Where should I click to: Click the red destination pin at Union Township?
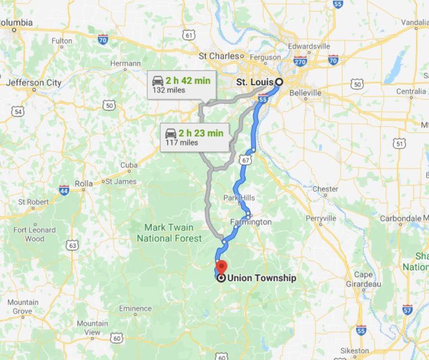click(x=221, y=266)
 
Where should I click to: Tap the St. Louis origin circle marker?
click(x=279, y=82)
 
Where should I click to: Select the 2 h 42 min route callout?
click(x=181, y=85)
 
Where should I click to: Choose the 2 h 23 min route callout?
click(x=194, y=137)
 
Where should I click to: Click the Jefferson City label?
click(x=34, y=83)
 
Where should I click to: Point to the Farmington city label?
click(x=251, y=222)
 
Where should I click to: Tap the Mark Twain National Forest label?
click(x=169, y=233)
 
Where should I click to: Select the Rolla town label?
click(x=84, y=183)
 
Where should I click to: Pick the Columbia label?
click(x=17, y=23)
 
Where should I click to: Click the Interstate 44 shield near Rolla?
click(x=64, y=190)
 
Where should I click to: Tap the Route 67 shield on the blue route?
click(x=246, y=160)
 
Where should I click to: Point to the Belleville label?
click(x=305, y=93)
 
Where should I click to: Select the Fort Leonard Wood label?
click(x=35, y=234)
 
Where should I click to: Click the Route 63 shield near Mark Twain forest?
click(x=71, y=245)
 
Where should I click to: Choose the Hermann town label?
click(x=126, y=64)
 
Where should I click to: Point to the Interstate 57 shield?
click(x=407, y=309)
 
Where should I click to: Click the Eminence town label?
click(x=135, y=309)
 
